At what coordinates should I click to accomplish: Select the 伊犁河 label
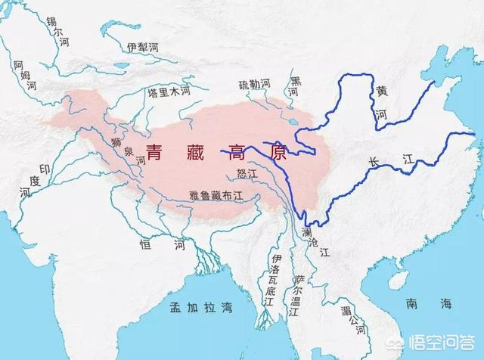(x=143, y=47)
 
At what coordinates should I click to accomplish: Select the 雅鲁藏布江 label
(x=216, y=194)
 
